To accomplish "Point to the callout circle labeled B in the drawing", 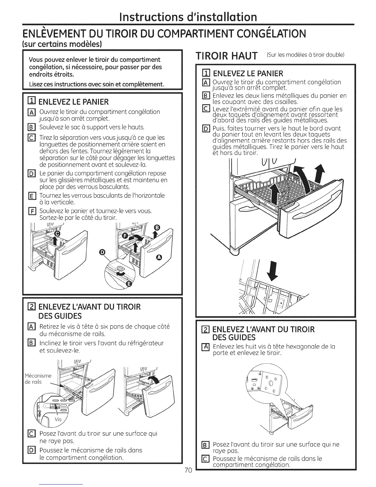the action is (157, 228).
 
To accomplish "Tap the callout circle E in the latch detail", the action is (129, 284).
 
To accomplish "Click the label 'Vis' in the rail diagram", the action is (58, 419).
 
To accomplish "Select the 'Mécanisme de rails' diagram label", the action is (37, 379).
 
